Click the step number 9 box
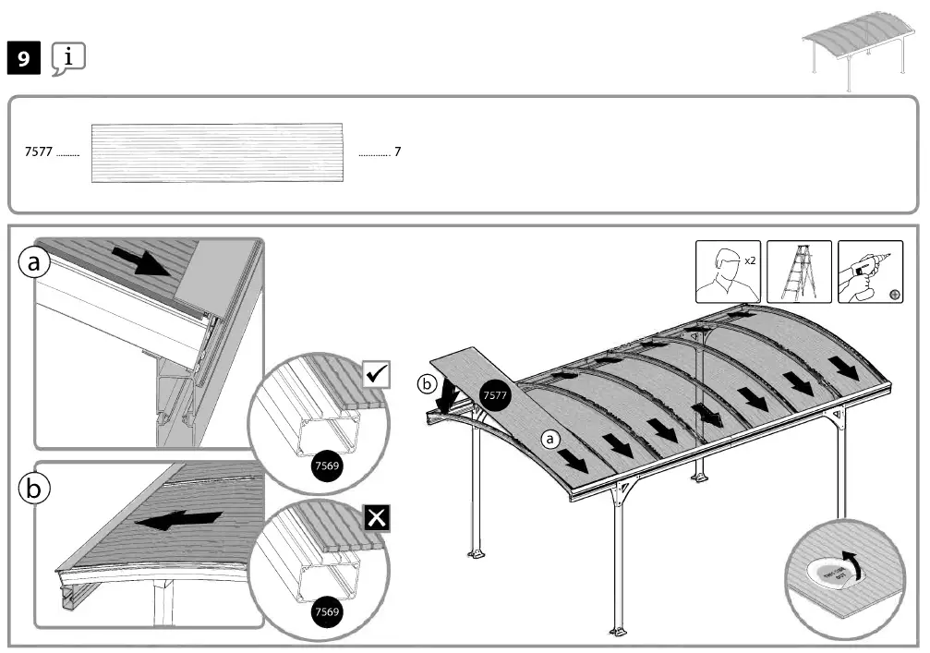coord(23,60)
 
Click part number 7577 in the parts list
coord(38,152)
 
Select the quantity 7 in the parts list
coord(397,152)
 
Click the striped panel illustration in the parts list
coord(218,152)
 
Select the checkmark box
coord(378,375)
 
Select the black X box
coord(378,518)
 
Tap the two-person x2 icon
coord(728,272)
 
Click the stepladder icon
coord(798,272)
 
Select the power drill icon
coord(869,272)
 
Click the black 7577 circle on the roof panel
coord(496,395)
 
